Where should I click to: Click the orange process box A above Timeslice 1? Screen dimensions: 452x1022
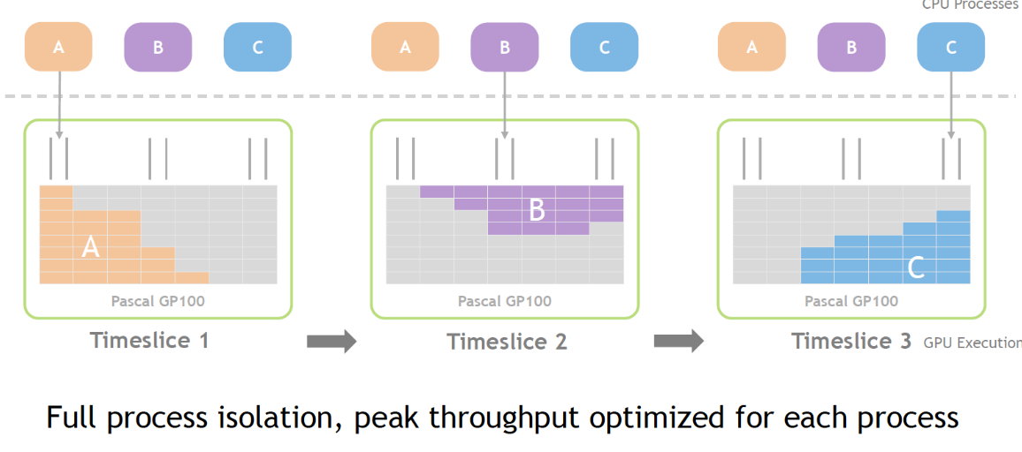point(58,48)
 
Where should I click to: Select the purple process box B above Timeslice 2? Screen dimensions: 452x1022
point(505,48)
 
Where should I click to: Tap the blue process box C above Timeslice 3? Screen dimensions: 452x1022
point(950,48)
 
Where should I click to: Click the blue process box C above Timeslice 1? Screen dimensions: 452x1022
point(257,48)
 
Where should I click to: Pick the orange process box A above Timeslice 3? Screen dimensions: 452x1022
point(751,48)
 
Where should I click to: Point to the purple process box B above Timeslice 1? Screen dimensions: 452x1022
point(158,48)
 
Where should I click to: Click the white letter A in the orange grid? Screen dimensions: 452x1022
point(90,248)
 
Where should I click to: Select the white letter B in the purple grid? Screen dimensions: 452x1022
point(537,211)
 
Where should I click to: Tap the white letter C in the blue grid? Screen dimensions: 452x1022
point(916,267)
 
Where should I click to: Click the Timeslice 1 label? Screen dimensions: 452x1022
point(149,340)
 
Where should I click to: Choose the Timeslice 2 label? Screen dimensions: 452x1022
point(507,342)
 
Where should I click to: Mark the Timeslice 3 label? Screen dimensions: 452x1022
point(850,341)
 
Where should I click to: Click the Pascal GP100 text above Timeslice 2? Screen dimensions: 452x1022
point(504,301)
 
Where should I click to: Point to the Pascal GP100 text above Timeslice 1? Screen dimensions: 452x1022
point(157,301)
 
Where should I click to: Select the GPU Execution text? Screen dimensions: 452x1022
point(972,343)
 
